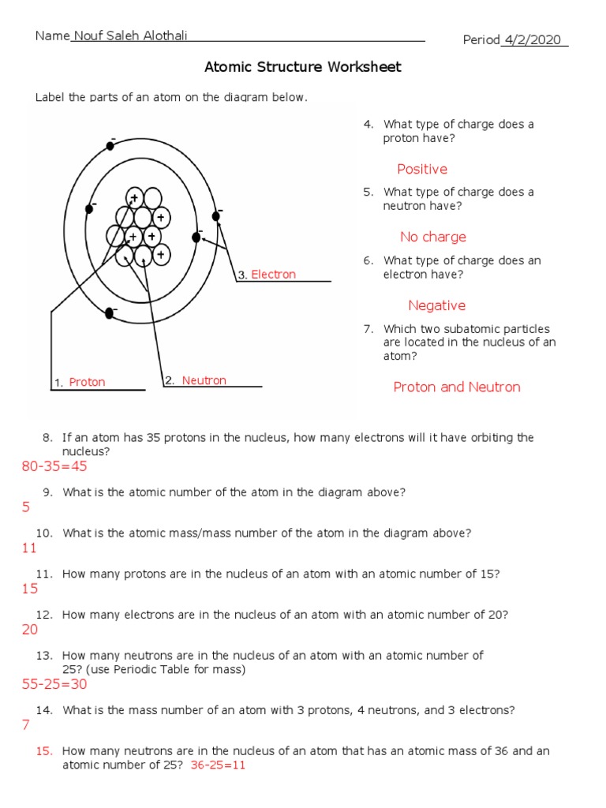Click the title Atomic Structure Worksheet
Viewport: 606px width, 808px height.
tap(303, 67)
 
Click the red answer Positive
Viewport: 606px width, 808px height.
tap(422, 169)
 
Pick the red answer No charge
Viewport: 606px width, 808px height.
tap(432, 237)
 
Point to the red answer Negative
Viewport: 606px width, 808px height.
tap(436, 305)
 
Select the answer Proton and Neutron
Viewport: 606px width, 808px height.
tap(457, 387)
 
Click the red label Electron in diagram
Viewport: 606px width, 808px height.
tap(273, 275)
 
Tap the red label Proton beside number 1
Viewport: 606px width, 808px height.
tap(87, 382)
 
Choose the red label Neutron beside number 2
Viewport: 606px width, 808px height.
tap(204, 380)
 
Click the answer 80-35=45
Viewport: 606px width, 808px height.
tap(54, 467)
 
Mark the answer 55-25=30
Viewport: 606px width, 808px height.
tap(54, 684)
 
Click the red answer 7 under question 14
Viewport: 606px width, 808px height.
tap(26, 725)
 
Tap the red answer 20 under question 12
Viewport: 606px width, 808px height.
tap(30, 630)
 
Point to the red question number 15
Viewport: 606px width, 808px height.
tap(44, 751)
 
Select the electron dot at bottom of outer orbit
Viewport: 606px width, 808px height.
tap(110, 314)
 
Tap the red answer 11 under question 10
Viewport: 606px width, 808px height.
tap(29, 548)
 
